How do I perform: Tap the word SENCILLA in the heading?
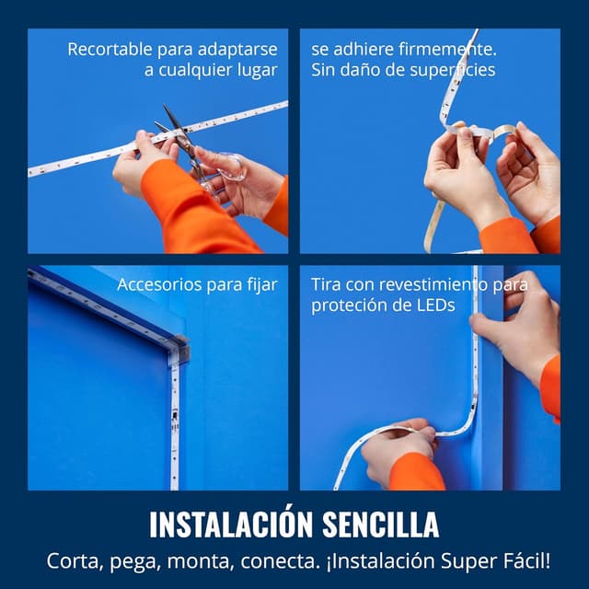pyautogui.click(x=380, y=524)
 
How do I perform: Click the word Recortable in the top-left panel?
pyautogui.click(x=110, y=49)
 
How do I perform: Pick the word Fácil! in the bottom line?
pyautogui.click(x=527, y=560)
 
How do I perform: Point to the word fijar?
pyautogui.click(x=262, y=284)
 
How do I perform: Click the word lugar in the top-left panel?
pyautogui.click(x=258, y=71)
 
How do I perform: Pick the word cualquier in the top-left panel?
pyautogui.click(x=195, y=71)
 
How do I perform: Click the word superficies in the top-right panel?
pyautogui.click(x=450, y=71)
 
